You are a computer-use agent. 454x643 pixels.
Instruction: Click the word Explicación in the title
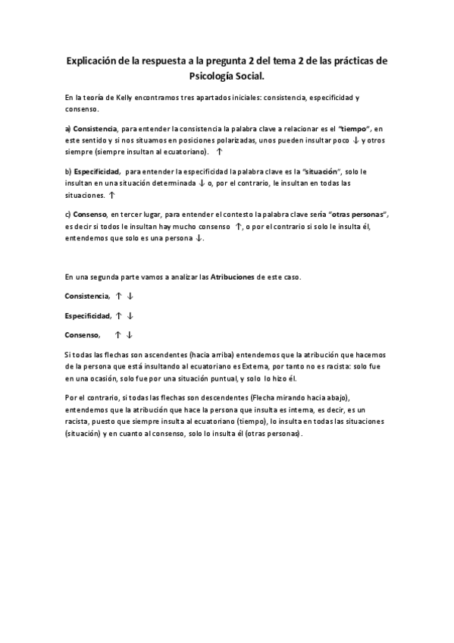pos(94,60)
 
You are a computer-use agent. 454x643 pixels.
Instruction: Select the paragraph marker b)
pos(67,173)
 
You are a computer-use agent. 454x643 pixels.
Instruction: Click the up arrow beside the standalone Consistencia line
pos(119,296)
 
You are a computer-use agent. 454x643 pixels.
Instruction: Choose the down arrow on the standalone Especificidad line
pos(130,315)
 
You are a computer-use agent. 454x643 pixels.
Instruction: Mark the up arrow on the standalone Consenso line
pos(119,334)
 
